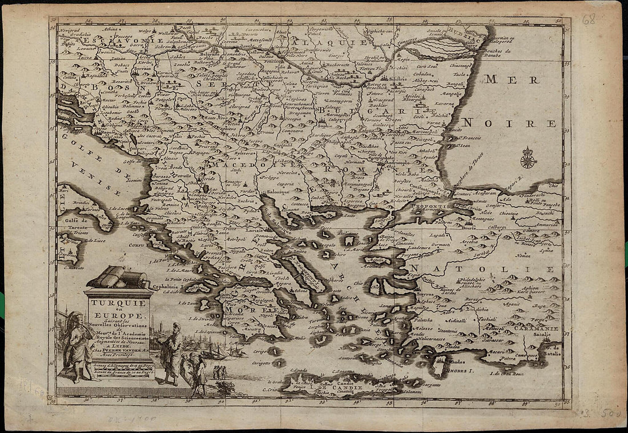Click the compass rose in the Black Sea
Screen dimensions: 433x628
[x=528, y=159]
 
